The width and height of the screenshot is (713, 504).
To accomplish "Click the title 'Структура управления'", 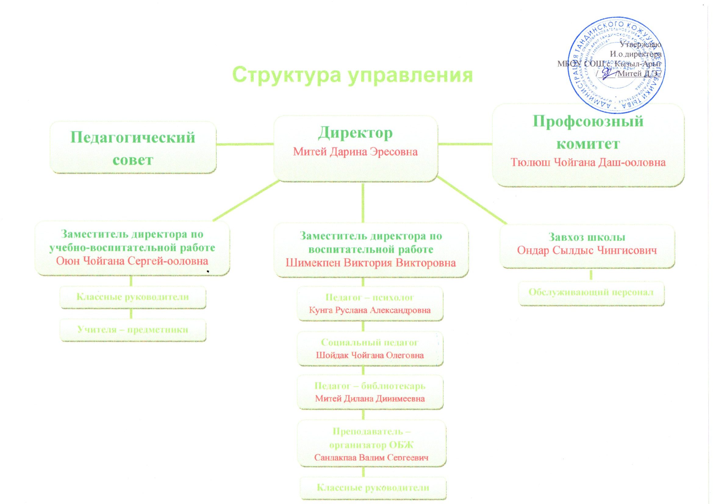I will (x=353, y=75).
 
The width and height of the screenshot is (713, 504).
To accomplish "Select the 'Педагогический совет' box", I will (x=133, y=148).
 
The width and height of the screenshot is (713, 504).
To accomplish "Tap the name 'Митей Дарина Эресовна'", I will (x=355, y=152).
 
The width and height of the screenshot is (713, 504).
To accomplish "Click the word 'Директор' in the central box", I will (x=355, y=133).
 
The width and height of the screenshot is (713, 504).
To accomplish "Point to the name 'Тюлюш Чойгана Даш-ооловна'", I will (x=588, y=162).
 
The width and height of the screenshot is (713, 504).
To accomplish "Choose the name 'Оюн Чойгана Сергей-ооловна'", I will (x=132, y=261).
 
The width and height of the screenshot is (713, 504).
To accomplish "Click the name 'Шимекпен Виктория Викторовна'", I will (x=371, y=263).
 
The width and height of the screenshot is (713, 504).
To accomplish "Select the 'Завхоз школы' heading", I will (x=587, y=237).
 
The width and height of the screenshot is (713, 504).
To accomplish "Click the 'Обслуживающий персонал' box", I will (x=591, y=292).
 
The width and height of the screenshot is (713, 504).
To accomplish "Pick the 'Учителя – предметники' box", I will (x=133, y=330).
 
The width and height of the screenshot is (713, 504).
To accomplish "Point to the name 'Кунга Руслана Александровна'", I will (x=370, y=310).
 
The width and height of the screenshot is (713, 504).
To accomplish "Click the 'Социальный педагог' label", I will (x=370, y=343).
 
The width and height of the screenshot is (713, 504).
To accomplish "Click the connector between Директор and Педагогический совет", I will (x=245, y=144).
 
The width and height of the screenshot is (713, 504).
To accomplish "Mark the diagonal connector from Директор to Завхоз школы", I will (x=472, y=200).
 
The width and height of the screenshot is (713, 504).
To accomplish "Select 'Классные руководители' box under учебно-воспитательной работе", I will (x=133, y=297).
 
